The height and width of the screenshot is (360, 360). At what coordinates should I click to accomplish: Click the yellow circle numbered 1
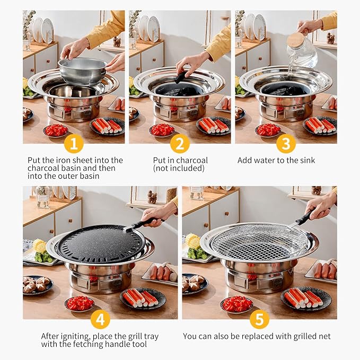point(74,144)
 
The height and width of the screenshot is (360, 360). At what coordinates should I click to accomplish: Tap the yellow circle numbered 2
point(180,144)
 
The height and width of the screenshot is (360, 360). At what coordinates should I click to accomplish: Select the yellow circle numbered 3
point(286,144)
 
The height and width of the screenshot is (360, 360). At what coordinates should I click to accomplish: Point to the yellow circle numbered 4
point(100,319)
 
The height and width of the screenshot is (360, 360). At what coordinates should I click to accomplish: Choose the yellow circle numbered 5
point(259,319)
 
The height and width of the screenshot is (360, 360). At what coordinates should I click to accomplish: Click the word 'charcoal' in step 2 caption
point(193,160)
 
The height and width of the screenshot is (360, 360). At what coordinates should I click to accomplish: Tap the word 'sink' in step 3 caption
point(308,160)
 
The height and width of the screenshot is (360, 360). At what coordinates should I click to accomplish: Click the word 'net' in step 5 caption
point(324,336)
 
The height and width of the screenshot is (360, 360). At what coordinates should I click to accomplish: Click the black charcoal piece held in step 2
point(181,77)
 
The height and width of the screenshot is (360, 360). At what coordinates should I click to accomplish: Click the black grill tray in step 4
point(101,244)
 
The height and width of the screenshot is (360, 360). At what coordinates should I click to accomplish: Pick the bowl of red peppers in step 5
point(236,304)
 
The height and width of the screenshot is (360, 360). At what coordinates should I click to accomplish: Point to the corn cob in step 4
point(39,245)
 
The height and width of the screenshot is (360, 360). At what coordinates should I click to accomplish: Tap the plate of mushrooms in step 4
point(38,285)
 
